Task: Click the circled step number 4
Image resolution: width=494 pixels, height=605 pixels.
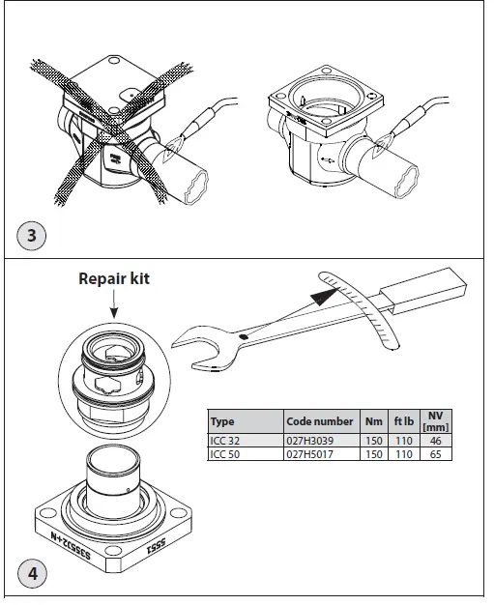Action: (33, 572)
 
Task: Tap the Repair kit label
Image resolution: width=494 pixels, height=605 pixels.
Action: (115, 280)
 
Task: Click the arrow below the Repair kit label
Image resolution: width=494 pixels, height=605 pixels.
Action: (115, 305)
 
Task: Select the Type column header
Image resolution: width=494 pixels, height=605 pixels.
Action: (223, 421)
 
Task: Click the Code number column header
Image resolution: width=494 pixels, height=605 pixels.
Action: (319, 421)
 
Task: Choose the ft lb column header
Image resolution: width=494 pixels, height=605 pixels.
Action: (404, 421)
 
